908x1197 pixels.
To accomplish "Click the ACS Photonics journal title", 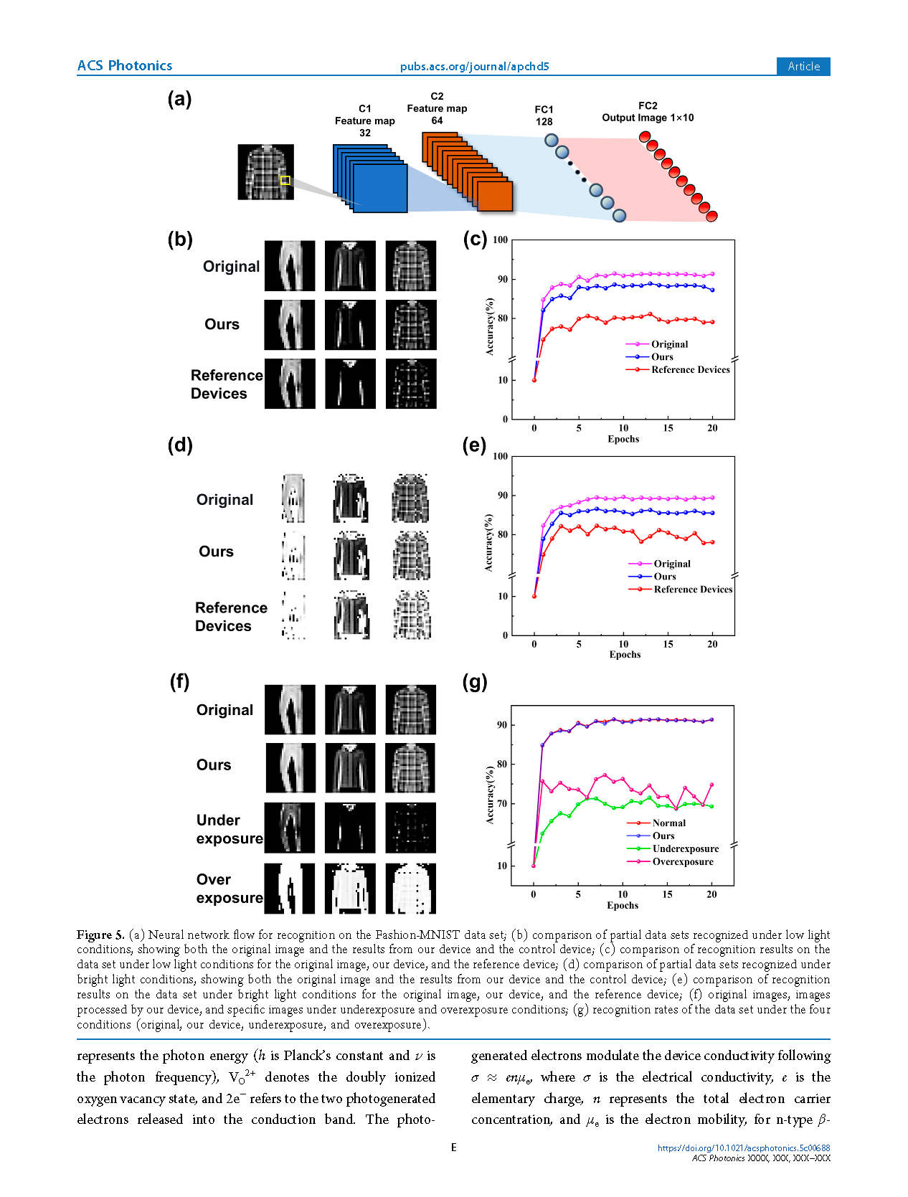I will (x=125, y=66).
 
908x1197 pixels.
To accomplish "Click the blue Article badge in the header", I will (x=803, y=66).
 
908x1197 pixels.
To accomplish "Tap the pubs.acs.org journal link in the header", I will (x=474, y=67).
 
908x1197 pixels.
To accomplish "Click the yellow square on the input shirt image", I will (x=285, y=180).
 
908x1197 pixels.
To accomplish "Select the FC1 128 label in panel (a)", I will (x=544, y=115).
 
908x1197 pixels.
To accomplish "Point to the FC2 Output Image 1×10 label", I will (x=648, y=112).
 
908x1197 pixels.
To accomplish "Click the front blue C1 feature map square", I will (x=380, y=188).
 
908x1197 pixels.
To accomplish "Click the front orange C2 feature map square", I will (x=496, y=196).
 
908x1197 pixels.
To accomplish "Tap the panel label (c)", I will (x=475, y=239).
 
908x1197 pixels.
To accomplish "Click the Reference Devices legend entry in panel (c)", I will (x=690, y=370).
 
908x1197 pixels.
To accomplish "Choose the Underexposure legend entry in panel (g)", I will (x=685, y=849).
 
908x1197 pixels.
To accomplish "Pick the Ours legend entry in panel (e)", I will (x=664, y=577).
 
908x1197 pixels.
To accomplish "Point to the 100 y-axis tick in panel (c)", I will (x=501, y=240).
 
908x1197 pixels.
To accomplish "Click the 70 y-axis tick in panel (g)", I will (x=501, y=804).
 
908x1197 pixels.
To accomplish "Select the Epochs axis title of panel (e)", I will (x=625, y=655).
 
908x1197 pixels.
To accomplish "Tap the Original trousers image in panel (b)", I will (x=290, y=266).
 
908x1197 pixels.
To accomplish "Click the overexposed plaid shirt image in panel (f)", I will (x=411, y=889).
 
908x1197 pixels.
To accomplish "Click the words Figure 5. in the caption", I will (x=100, y=935).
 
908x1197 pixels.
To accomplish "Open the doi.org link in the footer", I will (x=743, y=1148).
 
